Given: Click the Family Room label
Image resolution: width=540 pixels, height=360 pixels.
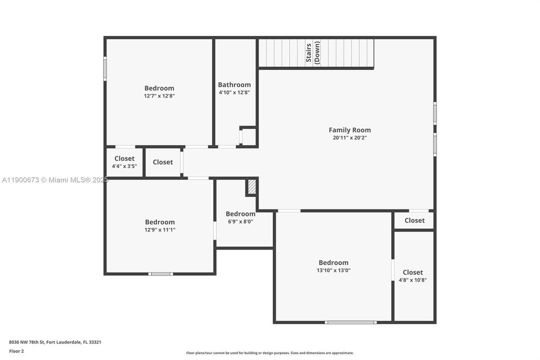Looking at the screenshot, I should point(350,130).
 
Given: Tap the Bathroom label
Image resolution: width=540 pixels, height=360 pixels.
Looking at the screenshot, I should point(234,85).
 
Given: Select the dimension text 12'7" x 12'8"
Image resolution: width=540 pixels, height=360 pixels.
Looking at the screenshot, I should point(159,95).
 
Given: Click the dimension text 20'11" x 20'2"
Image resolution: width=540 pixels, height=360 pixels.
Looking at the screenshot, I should point(350,137).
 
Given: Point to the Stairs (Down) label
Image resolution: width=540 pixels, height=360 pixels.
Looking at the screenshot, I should point(313,53).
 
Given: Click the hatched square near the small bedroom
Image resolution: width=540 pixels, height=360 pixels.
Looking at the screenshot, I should point(252,187).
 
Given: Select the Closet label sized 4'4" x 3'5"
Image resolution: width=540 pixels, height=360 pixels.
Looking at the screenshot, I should point(124,158).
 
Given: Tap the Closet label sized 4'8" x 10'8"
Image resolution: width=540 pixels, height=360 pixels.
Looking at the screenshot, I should point(413,272).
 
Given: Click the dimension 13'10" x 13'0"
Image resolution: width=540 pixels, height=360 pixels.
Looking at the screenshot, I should point(334,270).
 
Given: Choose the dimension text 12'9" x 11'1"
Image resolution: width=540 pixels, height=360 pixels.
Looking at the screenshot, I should point(160,230).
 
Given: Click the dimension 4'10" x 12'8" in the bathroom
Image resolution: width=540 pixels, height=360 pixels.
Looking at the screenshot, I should point(234,92).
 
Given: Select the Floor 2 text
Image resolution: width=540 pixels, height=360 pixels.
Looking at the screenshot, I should point(16,351).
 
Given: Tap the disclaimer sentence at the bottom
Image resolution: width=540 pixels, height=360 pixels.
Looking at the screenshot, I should point(270,353).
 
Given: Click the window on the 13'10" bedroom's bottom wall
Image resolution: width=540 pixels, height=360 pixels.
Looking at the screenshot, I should point(351,322).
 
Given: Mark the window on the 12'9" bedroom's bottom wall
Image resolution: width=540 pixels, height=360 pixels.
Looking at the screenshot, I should point(161,273).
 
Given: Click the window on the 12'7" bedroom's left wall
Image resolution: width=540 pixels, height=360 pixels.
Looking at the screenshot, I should point(105,68).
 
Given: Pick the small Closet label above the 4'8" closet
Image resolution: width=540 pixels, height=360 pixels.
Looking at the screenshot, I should point(415,220).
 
